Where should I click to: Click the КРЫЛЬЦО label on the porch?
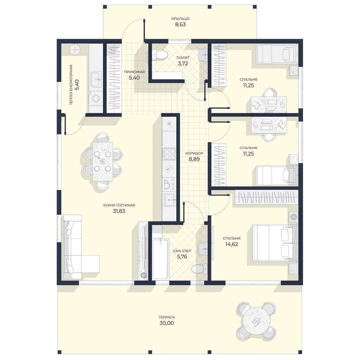pos(180,19)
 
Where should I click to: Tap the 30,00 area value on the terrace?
pos(167,323)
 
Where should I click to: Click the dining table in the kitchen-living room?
pos(103,162)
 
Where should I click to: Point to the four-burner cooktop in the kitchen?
pos(169,154)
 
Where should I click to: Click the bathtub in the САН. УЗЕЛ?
pos(160,259)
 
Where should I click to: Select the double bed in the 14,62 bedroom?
pos(274,243)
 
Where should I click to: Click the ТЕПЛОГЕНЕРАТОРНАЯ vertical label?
pos(71,85)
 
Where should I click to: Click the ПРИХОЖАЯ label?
pos(134,72)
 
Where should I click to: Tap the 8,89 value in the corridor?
pos(194,159)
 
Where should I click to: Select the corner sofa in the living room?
pos(78,247)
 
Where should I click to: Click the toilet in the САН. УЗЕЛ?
pos(199,268)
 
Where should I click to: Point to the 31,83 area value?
pos(119,211)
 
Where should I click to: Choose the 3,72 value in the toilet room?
pos(183,64)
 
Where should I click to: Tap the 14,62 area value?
pos(232,244)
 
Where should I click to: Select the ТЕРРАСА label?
pos(167,317)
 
